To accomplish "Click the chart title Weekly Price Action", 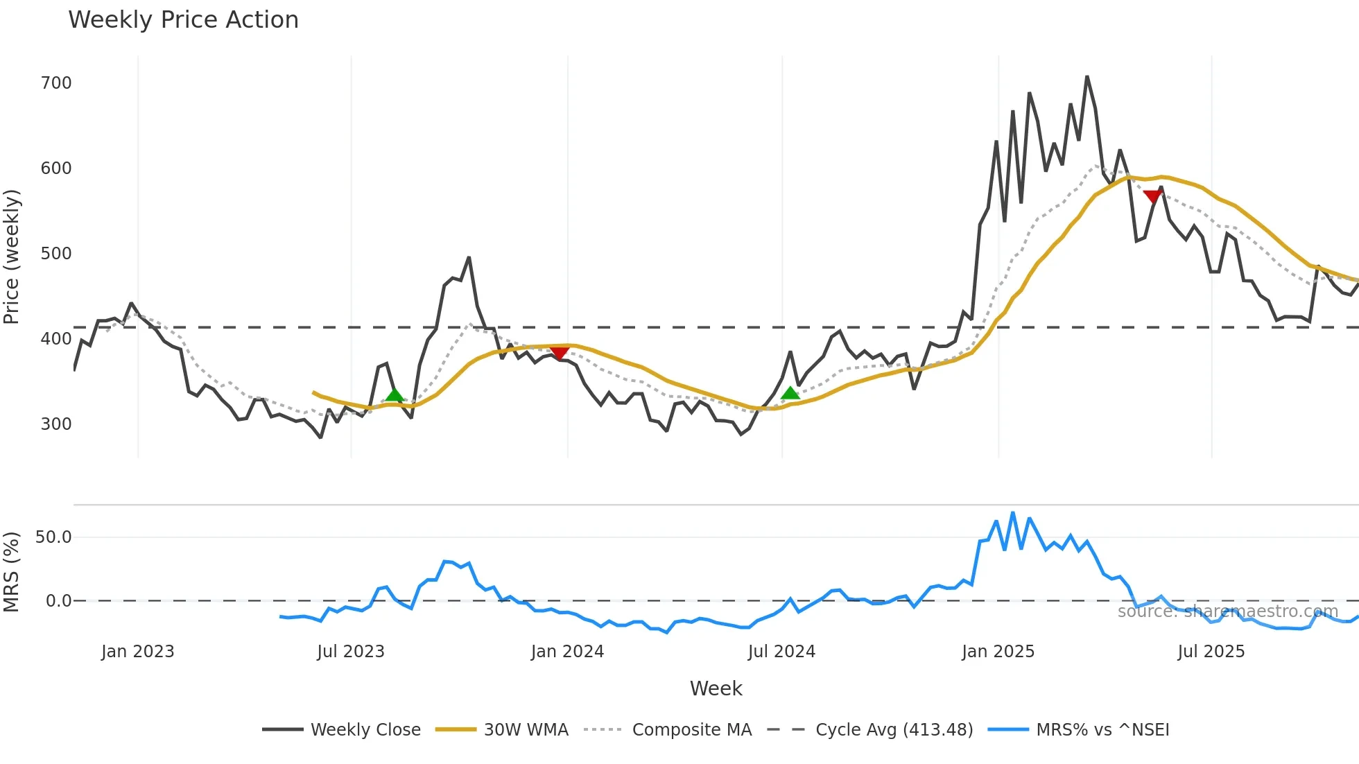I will [183, 20].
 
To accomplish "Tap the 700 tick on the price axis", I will [56, 83].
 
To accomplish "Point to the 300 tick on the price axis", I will [56, 424].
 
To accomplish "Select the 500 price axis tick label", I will [56, 254].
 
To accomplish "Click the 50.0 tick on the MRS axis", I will [53, 537].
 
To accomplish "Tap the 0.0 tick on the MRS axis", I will [58, 601].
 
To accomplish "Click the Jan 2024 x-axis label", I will [567, 652].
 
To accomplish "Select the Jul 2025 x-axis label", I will [1211, 652].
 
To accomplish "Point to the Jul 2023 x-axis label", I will [350, 652].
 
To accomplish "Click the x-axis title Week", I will [716, 688].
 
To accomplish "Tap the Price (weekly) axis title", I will [12, 257].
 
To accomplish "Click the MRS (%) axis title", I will [12, 572].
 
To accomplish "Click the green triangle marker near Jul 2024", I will [790, 394].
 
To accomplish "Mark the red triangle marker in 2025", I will [1152, 197].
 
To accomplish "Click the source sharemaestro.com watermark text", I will [1227, 611].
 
